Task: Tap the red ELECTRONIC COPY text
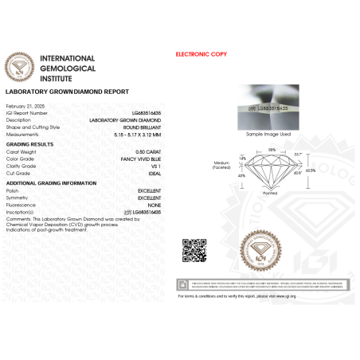tap(201, 54)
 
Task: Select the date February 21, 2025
tap(22, 106)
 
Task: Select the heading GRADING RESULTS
tap(30, 143)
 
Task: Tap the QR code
tap(195, 249)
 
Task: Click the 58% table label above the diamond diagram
tap(272, 150)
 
